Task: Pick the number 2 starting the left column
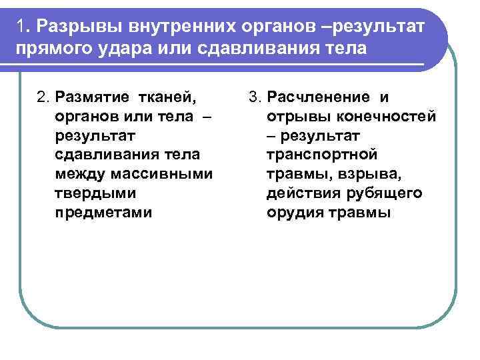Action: [43, 98]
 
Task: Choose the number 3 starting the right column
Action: [254, 98]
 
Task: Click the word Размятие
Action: [93, 98]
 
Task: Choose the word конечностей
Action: [393, 117]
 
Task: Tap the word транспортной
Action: [322, 155]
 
